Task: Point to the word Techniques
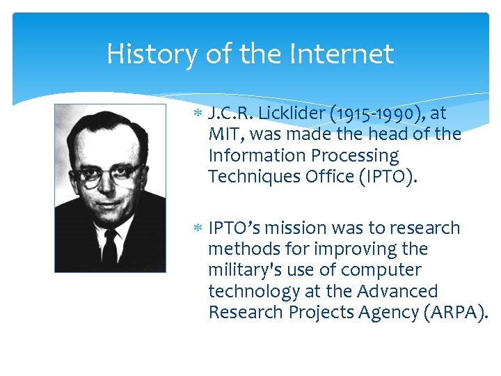tap(253, 176)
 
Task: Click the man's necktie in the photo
tap(110, 247)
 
